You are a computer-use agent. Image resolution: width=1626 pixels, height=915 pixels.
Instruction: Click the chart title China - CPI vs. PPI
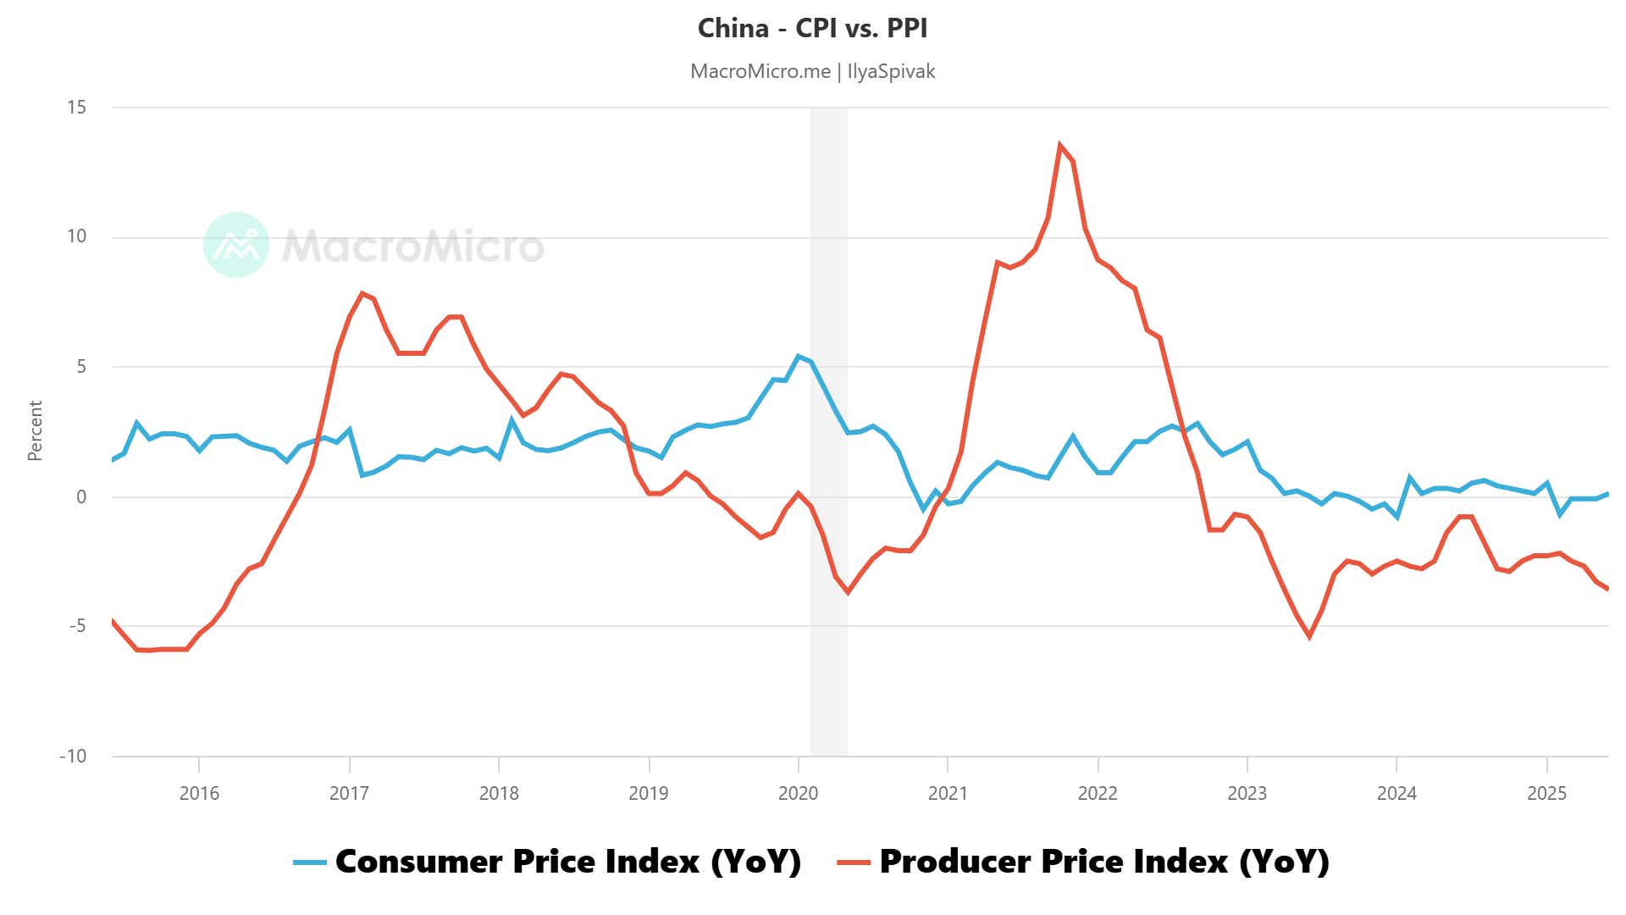[812, 28]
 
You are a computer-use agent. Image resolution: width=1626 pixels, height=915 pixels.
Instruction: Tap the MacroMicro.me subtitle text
[760, 71]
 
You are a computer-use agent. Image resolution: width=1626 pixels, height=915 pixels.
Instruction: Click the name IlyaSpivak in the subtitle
[891, 71]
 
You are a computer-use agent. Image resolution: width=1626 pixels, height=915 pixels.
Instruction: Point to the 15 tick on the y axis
[76, 107]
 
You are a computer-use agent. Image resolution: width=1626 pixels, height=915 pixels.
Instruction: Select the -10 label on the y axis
[73, 756]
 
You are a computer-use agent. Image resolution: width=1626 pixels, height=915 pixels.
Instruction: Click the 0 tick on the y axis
[81, 496]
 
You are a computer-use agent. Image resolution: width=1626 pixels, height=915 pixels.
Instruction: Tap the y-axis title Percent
[35, 430]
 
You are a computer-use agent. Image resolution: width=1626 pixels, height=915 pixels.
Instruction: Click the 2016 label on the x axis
[199, 793]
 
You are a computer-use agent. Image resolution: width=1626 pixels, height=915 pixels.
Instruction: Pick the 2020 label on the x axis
[798, 793]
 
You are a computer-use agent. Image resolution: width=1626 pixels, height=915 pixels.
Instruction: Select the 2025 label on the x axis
[1546, 793]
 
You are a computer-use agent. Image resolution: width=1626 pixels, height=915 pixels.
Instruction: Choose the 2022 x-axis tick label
[1098, 793]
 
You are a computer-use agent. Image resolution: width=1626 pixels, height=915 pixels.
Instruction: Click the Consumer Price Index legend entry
[567, 862]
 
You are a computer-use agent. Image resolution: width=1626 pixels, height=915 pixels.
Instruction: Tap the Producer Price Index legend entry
[1103, 862]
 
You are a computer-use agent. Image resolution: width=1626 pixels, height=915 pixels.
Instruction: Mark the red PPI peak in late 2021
[1060, 145]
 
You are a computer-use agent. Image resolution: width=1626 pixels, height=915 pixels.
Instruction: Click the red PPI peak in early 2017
[362, 294]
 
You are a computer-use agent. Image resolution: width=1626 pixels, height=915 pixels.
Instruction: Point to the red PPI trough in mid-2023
[1309, 636]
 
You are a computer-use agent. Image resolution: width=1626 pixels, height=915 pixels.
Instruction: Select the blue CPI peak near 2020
[798, 356]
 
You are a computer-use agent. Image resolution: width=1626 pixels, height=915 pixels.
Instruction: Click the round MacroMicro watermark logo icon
[236, 245]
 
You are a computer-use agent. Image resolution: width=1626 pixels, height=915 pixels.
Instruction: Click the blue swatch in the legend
[310, 862]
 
